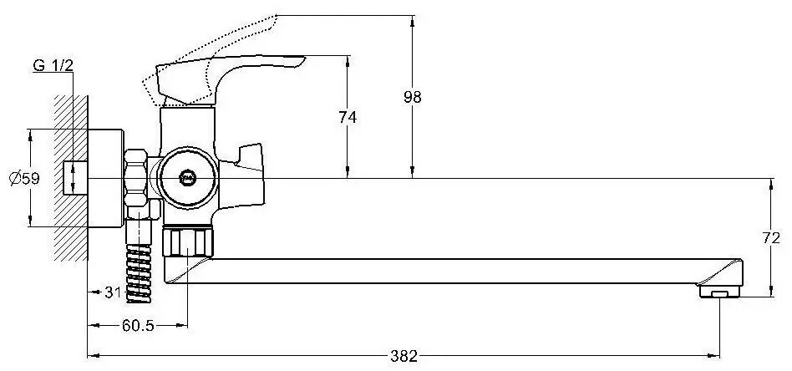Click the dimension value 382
(x=404, y=356)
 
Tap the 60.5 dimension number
(x=138, y=326)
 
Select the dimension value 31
(x=113, y=292)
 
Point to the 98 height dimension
(x=412, y=97)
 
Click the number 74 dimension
(x=348, y=117)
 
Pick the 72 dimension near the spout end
(x=771, y=239)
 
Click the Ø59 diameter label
(x=24, y=179)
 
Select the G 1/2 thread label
(x=53, y=65)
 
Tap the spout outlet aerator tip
(x=719, y=292)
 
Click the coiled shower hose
(x=139, y=273)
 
